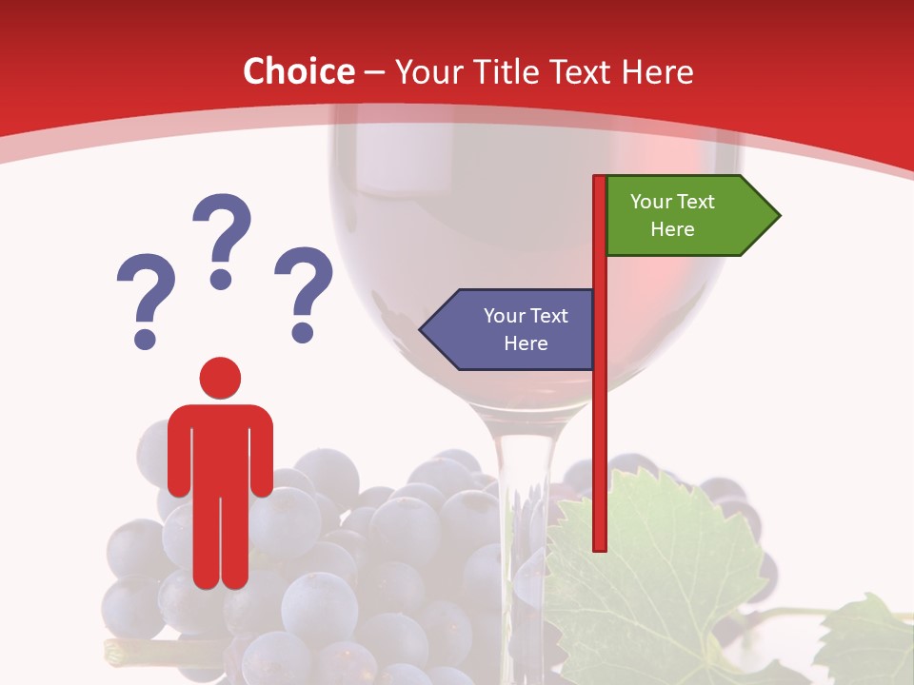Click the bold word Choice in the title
point(298,71)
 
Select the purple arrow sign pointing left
point(509,329)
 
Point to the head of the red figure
point(220,378)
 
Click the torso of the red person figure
point(220,447)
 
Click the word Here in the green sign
point(672,229)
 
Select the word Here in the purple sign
point(526,343)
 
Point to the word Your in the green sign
point(652,202)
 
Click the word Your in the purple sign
point(506,316)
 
